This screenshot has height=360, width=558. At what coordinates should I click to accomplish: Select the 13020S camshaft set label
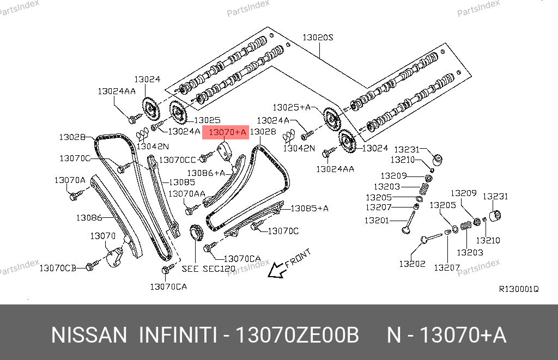[x=318, y=38]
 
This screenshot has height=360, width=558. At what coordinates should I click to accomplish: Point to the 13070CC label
[x=177, y=160]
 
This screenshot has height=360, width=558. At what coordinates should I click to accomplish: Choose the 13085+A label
[x=310, y=208]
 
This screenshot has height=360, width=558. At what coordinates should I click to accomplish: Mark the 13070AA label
[x=187, y=193]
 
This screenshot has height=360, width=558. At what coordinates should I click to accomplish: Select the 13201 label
[x=377, y=221]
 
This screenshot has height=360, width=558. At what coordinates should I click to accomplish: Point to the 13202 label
[x=411, y=264]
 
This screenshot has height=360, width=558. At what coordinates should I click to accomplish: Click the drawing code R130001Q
[x=518, y=289]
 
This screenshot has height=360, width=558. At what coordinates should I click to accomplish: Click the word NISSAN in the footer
[x=89, y=335]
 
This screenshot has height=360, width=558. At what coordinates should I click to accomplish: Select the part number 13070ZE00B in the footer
[x=296, y=335]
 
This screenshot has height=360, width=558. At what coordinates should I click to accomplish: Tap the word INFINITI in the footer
[x=179, y=335]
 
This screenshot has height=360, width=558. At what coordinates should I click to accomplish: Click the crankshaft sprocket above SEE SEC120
[x=196, y=234]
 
